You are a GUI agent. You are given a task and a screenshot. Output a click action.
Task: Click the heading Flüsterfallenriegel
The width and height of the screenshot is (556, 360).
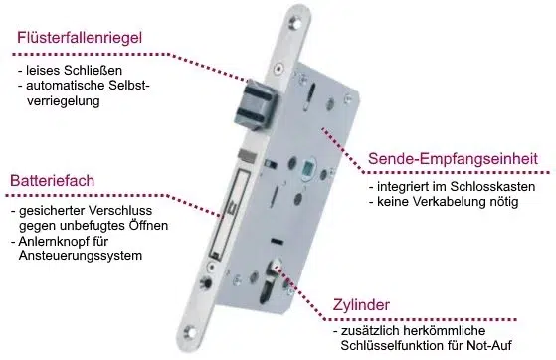click(80, 38)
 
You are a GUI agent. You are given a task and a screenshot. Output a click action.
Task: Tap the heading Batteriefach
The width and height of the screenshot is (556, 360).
click(52, 181)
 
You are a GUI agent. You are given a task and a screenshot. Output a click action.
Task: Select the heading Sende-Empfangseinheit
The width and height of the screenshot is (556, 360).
click(453, 158)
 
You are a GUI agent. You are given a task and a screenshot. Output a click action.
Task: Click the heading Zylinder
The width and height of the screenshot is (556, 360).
click(361, 305)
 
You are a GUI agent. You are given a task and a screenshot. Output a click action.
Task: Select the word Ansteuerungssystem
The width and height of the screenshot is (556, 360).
click(81, 256)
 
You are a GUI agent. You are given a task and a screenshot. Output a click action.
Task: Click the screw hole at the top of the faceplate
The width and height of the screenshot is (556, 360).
click(295, 22)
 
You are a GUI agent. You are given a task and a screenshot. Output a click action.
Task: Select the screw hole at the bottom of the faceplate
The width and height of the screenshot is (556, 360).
click(190, 332)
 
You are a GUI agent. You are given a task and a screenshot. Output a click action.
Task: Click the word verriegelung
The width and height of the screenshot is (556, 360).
click(64, 101)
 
